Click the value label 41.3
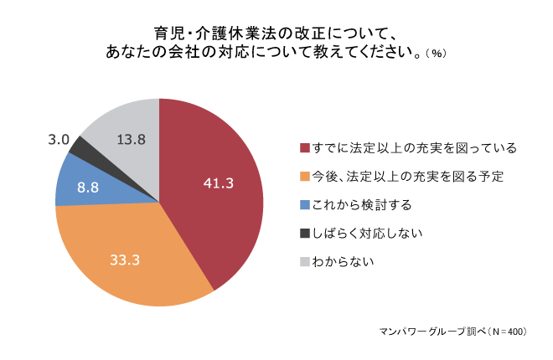pos(218,183)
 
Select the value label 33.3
pos(124,260)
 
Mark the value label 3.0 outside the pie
pos(58,140)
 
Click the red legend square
pos(304,148)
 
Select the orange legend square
pos(304,177)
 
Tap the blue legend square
pos(304,205)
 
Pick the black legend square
pos(304,234)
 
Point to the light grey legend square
pos(304,262)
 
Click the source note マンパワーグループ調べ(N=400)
pos(453,332)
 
